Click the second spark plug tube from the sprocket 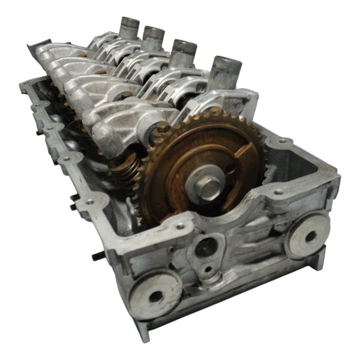183,53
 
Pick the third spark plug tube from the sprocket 153,38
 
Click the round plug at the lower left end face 155,293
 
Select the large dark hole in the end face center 206,246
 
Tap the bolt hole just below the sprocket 179,226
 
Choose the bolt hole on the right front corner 278,193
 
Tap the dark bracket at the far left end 37,46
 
